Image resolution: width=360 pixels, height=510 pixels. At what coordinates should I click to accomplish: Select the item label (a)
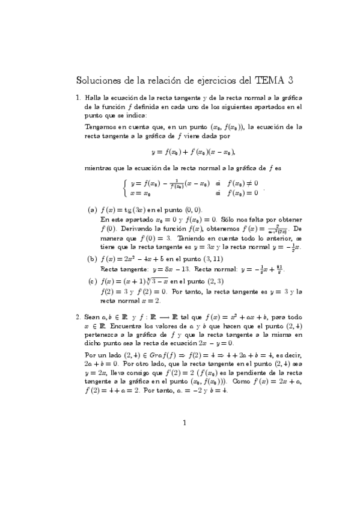tap(93, 210)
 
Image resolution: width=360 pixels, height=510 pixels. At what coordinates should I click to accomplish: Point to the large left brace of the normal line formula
tap(124, 187)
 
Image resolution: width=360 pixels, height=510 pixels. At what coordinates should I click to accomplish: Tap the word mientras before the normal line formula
tap(98, 168)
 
